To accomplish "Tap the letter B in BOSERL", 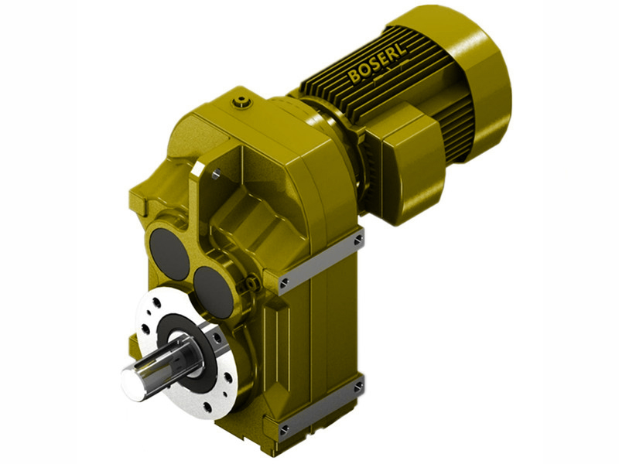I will (355, 77).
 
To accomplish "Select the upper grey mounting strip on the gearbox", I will (320, 260).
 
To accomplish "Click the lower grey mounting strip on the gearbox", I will (320, 408).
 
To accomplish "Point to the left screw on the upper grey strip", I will (285, 281).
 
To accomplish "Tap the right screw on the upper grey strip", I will (357, 241).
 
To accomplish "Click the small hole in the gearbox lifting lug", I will (216, 174).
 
